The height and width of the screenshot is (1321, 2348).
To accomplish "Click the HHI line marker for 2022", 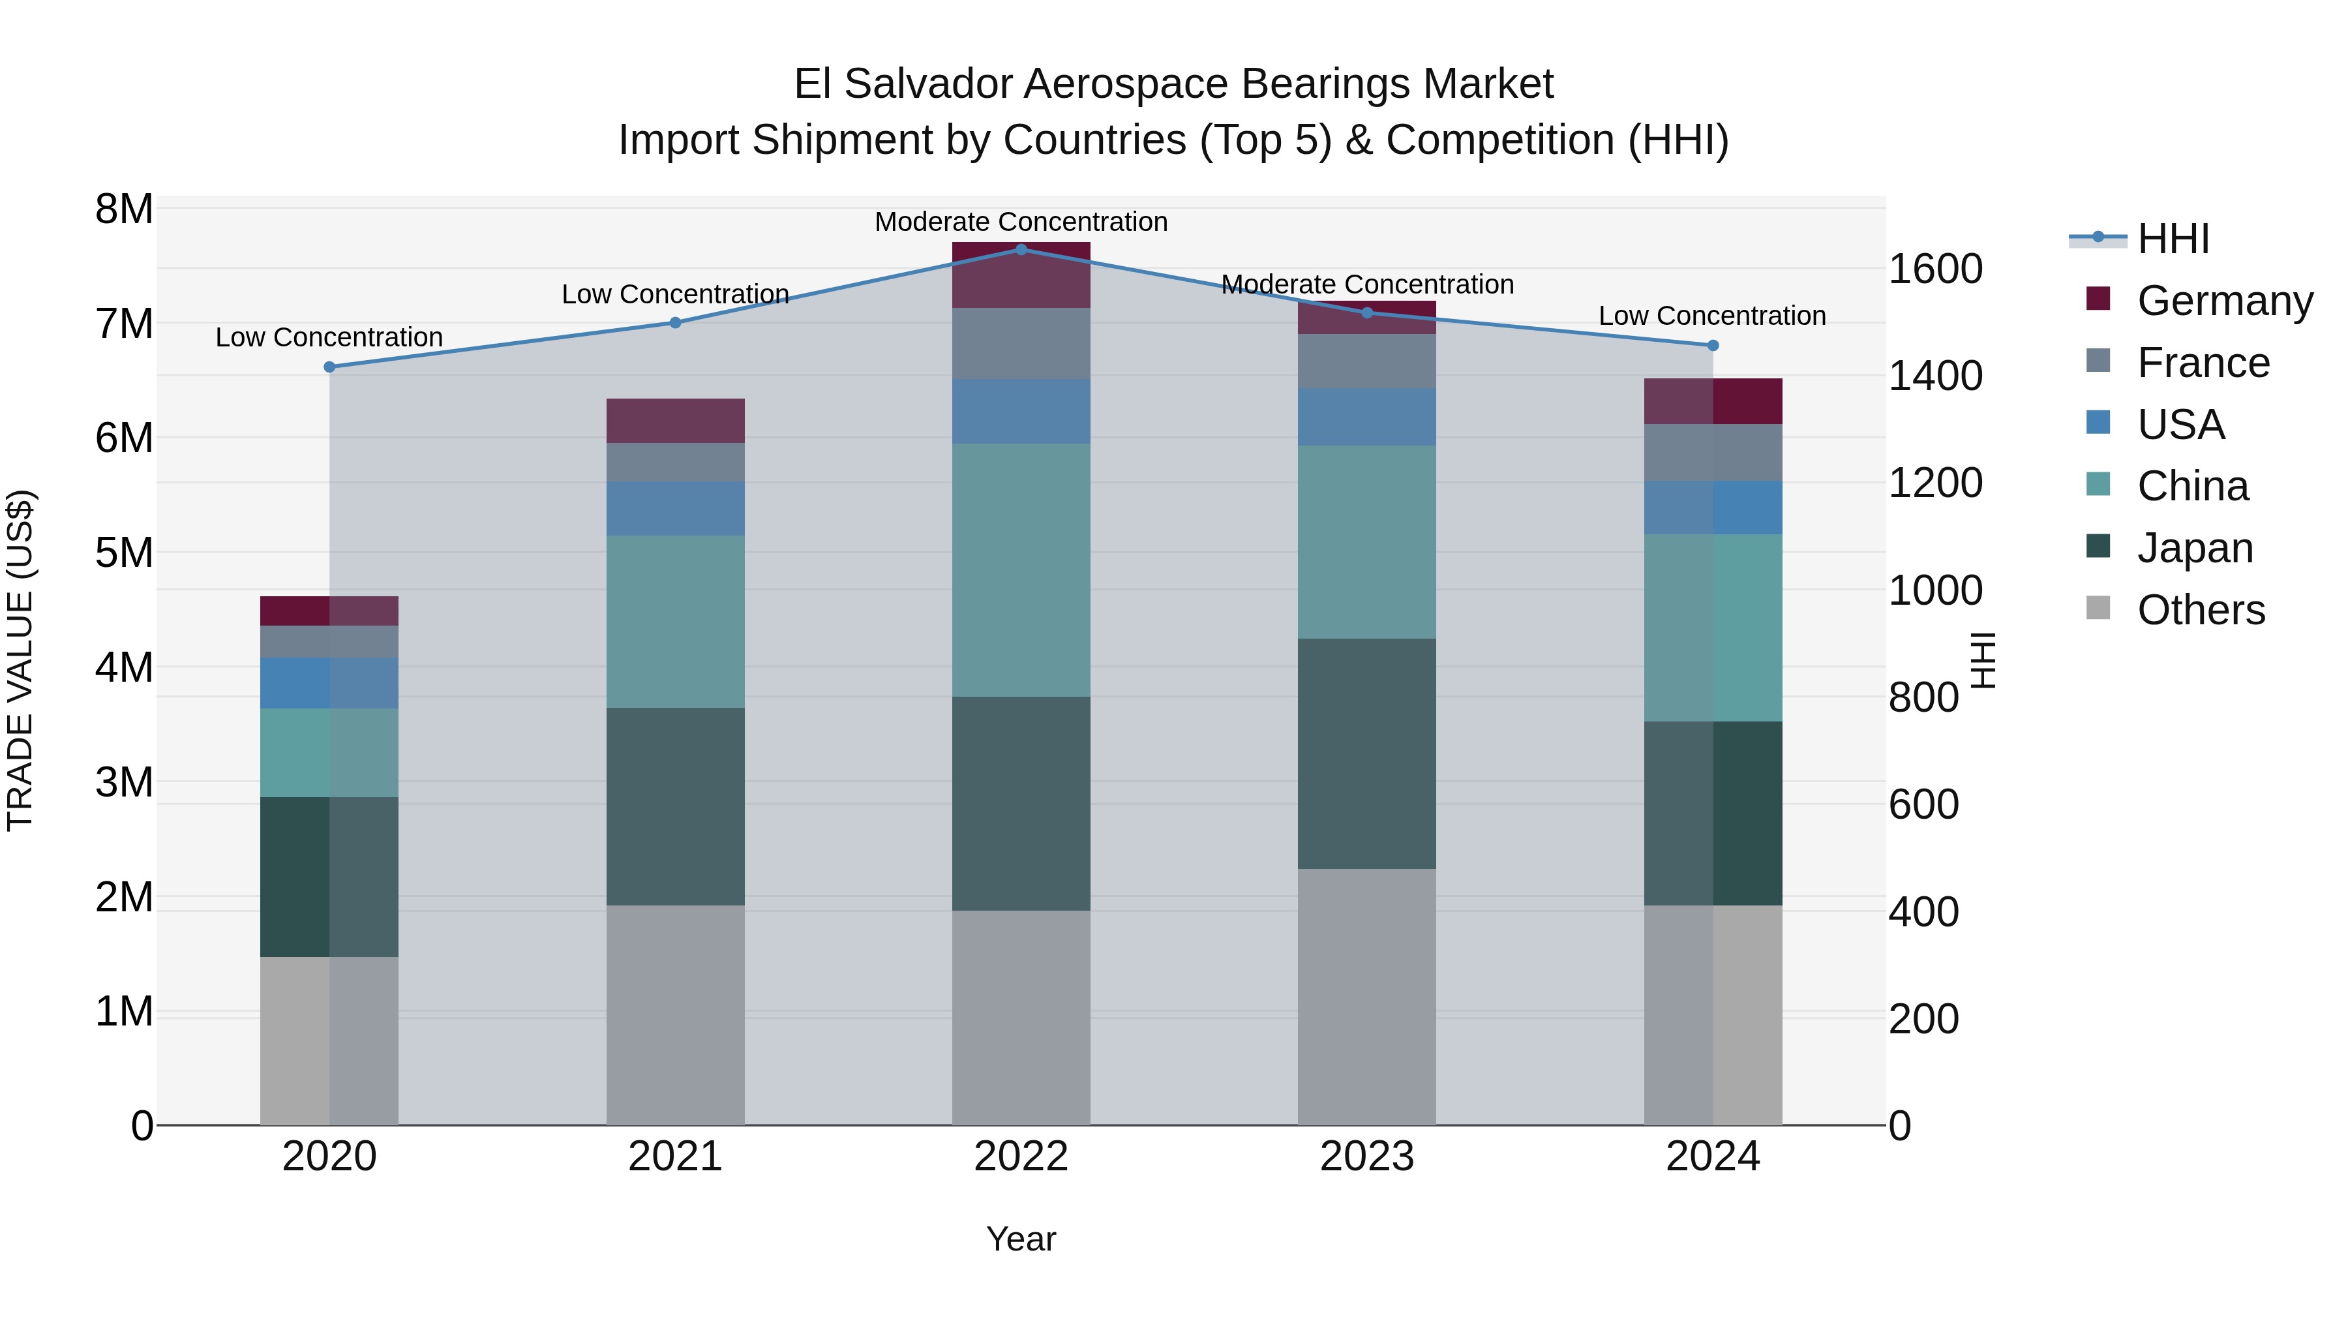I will [1021, 249].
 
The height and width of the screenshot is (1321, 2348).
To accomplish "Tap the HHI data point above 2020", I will [330, 367].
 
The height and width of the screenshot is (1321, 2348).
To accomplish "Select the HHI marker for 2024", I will [1713, 346].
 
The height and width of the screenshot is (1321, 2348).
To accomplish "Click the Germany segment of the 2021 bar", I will [676, 420].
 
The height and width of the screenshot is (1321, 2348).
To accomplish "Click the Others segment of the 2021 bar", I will [676, 1014].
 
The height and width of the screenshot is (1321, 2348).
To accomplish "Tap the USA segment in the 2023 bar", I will [1366, 417].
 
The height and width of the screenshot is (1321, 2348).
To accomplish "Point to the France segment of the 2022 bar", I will [1021, 344].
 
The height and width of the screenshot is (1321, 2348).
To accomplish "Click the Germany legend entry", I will [2224, 301].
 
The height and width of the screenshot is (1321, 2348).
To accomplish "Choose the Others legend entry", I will [2201, 610].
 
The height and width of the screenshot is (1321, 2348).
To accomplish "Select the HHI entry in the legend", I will [2173, 239].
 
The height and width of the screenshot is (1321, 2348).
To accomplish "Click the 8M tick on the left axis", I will [124, 209].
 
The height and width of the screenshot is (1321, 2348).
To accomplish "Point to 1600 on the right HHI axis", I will [1934, 269].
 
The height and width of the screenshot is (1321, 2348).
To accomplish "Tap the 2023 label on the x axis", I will [1366, 1156].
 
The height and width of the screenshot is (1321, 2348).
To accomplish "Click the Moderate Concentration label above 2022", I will [1021, 222].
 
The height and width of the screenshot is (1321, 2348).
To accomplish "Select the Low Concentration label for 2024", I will [1712, 316].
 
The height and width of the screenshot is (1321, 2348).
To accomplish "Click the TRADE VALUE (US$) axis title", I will [20, 660].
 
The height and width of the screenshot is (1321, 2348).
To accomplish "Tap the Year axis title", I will [1021, 1239].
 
